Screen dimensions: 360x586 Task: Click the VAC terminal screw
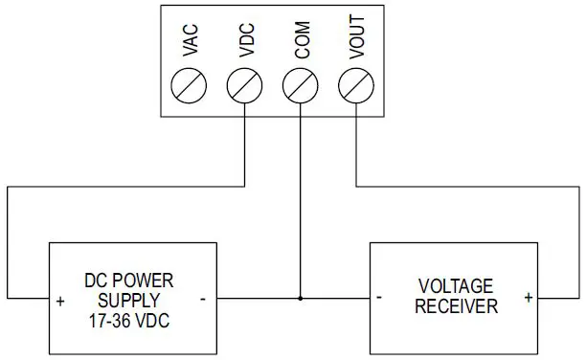coord(189,87)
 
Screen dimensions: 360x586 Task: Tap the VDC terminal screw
coord(244,87)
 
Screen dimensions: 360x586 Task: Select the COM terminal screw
coord(301,87)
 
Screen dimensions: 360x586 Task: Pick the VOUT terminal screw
coord(356,87)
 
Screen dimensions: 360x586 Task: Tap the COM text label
coord(302,46)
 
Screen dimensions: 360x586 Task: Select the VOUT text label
coord(357,44)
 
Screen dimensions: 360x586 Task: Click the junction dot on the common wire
coord(301,299)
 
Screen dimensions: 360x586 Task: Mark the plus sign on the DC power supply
coord(60,300)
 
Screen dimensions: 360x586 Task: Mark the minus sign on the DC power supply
coord(203,298)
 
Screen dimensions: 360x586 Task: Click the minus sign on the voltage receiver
coord(380,298)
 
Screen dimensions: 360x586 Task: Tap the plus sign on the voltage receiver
coord(528,298)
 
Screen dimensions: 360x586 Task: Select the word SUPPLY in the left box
coord(129,299)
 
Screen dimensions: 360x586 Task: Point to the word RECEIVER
coord(455,307)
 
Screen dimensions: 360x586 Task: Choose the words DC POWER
coord(129,281)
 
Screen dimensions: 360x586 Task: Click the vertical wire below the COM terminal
coord(301,201)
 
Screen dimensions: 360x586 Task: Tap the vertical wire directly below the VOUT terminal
coord(356,144)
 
